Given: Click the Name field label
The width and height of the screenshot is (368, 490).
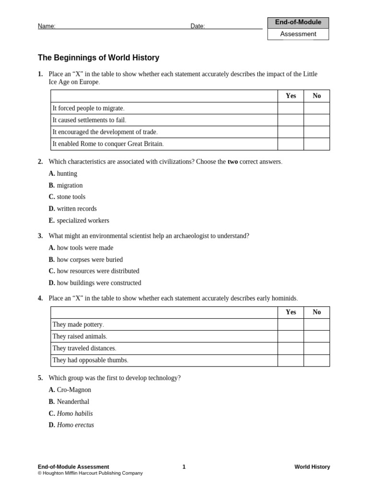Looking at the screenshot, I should (46, 26).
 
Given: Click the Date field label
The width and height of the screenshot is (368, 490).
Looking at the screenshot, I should (197, 26).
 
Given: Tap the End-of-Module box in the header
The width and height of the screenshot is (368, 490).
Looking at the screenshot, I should (298, 22).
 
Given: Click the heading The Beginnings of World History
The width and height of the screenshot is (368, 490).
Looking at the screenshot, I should (98, 58).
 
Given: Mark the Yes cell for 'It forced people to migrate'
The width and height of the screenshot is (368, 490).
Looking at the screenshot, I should (290, 108).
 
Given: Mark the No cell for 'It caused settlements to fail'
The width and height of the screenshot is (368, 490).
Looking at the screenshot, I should (317, 120).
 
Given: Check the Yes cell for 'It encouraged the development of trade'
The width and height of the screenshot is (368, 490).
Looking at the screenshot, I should (290, 132).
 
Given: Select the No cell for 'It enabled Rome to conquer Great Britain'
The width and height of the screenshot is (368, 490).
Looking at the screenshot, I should (317, 144).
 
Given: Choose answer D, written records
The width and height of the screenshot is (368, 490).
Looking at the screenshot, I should (73, 209).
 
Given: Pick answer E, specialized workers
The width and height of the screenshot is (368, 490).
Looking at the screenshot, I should (79, 221).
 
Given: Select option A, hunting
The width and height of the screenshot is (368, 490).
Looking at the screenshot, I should (63, 174).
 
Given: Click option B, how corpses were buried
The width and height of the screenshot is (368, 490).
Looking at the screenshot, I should (86, 259).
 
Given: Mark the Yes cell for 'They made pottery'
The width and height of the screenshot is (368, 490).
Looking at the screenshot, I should (290, 324).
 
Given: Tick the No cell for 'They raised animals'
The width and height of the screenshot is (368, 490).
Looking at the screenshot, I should (317, 336).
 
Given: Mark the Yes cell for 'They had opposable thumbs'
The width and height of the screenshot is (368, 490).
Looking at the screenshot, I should (290, 360).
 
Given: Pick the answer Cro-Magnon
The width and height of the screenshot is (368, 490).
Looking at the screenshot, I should (70, 390).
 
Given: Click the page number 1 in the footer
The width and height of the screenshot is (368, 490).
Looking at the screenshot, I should (184, 467).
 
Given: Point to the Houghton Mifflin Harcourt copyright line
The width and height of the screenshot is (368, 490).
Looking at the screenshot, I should (90, 473).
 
